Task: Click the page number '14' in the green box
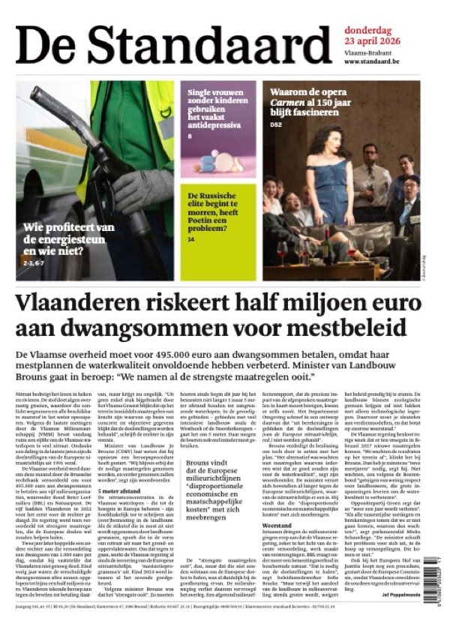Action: tap(191, 239)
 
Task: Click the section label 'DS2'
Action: tap(276, 124)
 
